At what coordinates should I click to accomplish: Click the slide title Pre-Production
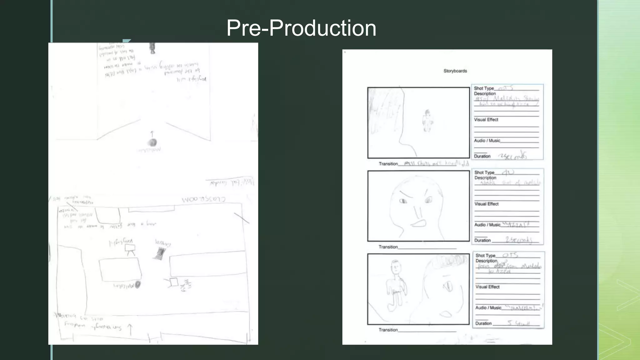click(x=301, y=28)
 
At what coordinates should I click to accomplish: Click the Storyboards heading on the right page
click(x=455, y=71)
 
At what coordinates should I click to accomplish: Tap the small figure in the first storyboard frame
click(x=427, y=121)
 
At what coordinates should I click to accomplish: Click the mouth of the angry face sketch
click(x=418, y=223)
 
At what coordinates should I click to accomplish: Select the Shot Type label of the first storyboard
click(x=484, y=88)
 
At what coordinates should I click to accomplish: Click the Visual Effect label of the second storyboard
click(x=486, y=204)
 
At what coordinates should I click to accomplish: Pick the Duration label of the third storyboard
click(x=483, y=323)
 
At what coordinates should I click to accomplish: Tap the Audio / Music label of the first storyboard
click(x=487, y=141)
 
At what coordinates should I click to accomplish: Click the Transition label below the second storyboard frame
click(x=388, y=247)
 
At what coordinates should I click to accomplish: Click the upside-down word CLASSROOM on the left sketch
click(x=203, y=199)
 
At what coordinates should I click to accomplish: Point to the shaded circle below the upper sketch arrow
click(x=152, y=143)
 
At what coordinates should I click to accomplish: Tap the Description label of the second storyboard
click(x=485, y=178)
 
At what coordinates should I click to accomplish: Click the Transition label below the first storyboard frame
click(x=388, y=164)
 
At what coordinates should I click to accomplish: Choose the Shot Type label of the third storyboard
click(x=485, y=256)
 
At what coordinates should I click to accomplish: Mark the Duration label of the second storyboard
click(x=482, y=240)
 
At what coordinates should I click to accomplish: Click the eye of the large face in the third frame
click(x=448, y=286)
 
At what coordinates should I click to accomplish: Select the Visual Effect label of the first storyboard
click(x=486, y=120)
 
